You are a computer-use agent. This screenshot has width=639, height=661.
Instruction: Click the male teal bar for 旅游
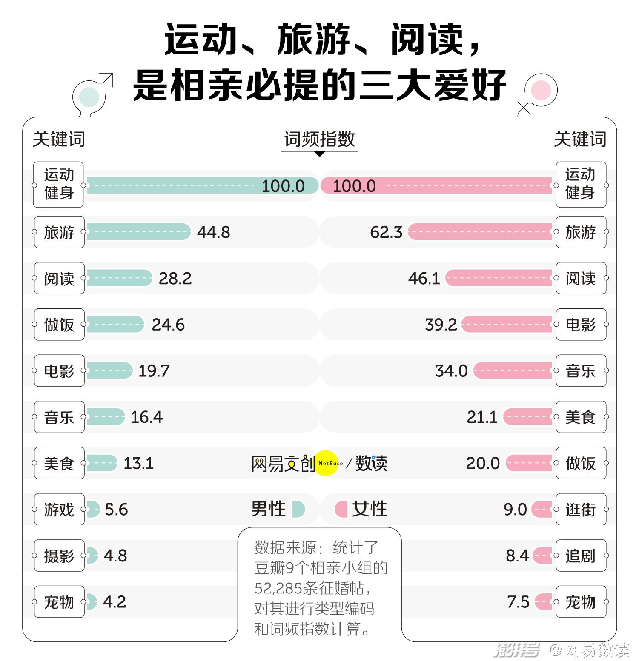[x=139, y=232]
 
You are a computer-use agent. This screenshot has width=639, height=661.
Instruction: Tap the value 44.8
[x=213, y=232]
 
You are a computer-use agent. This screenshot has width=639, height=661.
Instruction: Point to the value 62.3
[x=386, y=232]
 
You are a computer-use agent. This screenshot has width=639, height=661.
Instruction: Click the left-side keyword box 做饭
[x=59, y=325]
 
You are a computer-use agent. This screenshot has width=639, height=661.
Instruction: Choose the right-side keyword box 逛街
[x=581, y=509]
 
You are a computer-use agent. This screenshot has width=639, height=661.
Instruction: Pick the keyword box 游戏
[x=59, y=509]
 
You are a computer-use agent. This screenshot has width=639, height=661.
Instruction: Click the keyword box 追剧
[x=581, y=556]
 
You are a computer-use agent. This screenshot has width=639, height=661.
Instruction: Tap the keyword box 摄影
[x=59, y=556]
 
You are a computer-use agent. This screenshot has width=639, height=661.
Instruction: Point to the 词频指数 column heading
[x=319, y=140]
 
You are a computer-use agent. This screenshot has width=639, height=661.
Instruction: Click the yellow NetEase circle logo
[x=327, y=463]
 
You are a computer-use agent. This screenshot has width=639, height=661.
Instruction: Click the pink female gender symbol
[x=541, y=90]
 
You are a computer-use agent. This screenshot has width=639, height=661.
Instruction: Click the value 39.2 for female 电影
[x=441, y=325]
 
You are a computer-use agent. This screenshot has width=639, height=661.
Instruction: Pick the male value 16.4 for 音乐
[x=146, y=417]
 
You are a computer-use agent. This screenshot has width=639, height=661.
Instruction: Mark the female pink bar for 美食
[x=528, y=417]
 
